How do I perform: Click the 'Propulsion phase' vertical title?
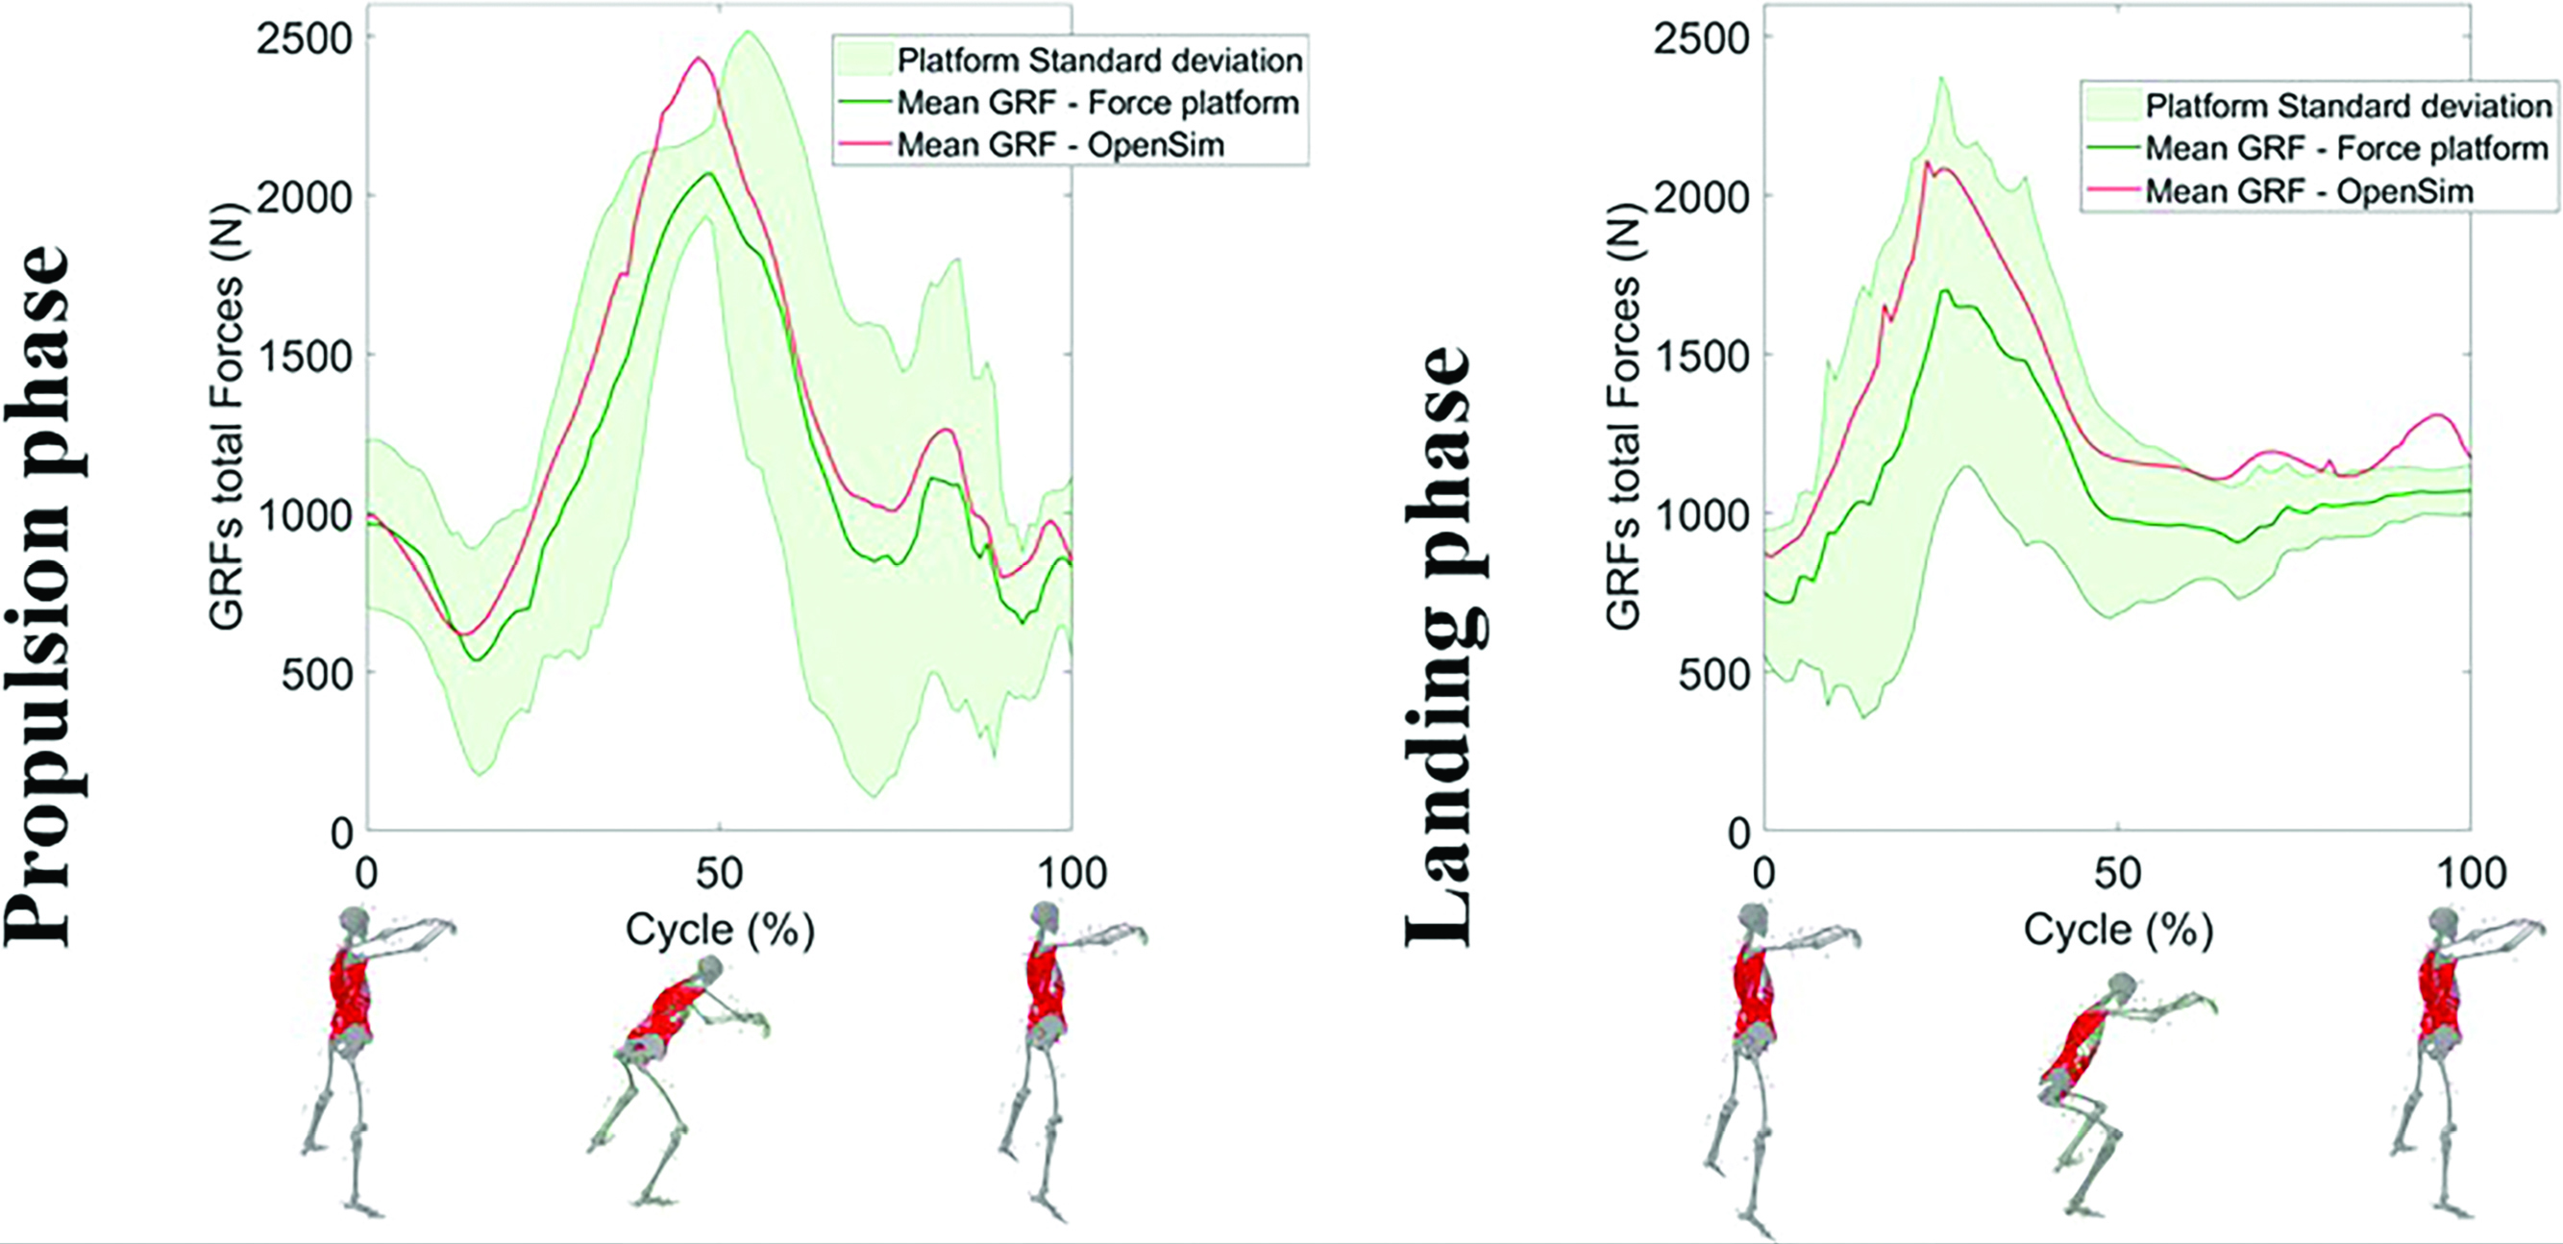click(x=39, y=597)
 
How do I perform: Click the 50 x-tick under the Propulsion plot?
click(x=719, y=874)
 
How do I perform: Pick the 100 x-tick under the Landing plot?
click(x=2471, y=874)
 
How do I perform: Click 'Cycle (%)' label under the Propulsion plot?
click(x=720, y=931)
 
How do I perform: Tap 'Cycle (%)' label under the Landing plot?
click(x=2118, y=931)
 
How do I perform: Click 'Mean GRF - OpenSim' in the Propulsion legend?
click(x=1060, y=145)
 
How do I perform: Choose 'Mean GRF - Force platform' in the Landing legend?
click(x=2346, y=149)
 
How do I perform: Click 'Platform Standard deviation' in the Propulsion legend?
click(x=1099, y=61)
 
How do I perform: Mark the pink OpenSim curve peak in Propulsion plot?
click(x=699, y=59)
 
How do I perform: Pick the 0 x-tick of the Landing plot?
click(x=1763, y=874)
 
